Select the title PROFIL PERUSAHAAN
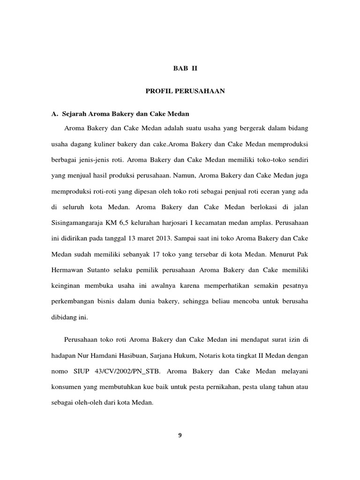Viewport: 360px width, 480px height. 185,91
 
